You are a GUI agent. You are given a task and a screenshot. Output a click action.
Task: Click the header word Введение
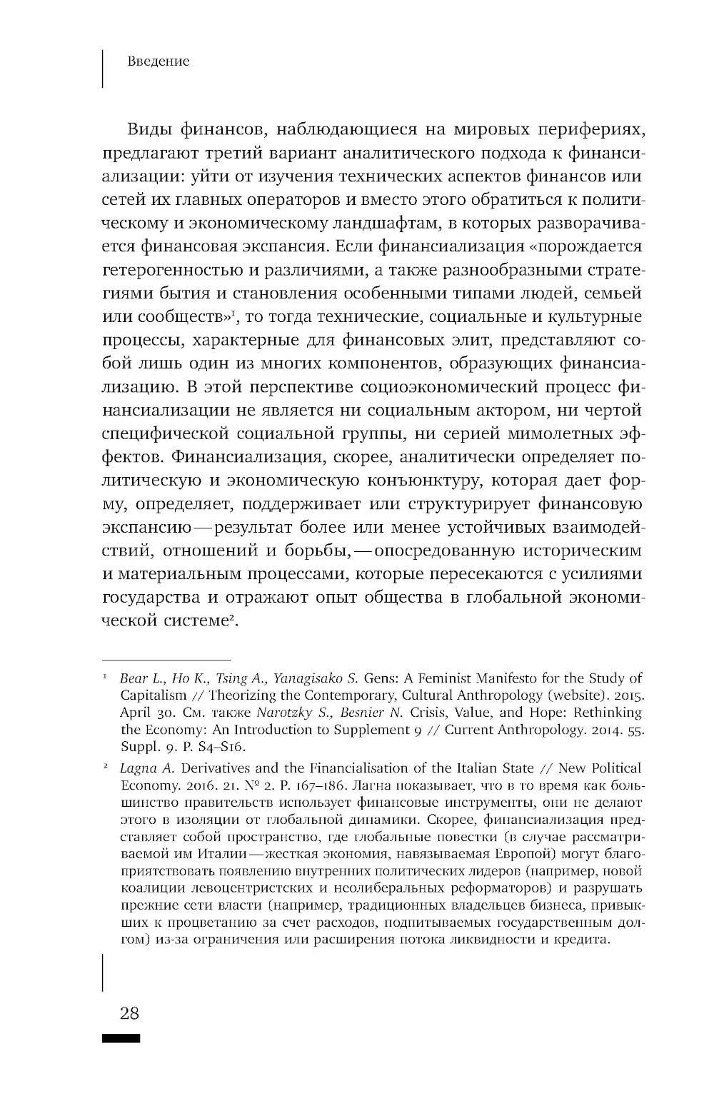click(x=158, y=61)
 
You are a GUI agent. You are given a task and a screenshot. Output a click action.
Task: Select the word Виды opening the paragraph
click(x=148, y=130)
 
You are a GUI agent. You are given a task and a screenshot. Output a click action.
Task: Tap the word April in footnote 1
click(x=136, y=713)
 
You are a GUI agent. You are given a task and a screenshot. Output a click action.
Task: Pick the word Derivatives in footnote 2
click(x=204, y=768)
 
